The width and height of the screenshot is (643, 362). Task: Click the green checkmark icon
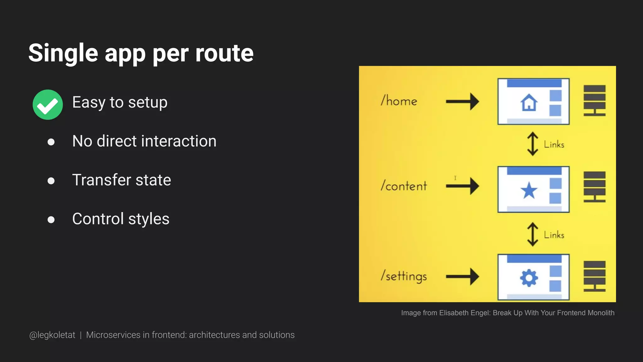[48, 105]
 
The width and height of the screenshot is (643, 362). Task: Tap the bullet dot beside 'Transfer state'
[51, 181]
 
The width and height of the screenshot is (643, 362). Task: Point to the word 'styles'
[149, 219]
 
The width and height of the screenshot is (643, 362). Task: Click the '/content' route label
[404, 186]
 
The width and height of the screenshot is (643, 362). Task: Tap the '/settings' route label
[404, 276]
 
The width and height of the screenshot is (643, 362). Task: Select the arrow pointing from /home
[462, 101]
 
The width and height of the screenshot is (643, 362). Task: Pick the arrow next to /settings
[462, 277]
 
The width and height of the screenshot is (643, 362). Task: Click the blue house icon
[529, 102]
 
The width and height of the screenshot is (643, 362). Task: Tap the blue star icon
[529, 190]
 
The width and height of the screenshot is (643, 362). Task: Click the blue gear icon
[529, 278]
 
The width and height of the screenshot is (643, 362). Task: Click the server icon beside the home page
[594, 101]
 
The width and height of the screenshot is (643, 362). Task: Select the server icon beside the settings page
[594, 276]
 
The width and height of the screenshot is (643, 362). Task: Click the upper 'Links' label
[554, 145]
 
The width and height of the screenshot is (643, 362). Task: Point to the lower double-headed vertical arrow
[532, 234]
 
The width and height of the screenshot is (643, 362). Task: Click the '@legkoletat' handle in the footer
[52, 335]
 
